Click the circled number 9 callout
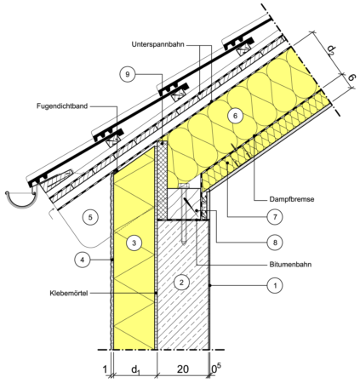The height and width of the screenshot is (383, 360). coord(128,74)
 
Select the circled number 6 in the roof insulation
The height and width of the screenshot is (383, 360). coord(235,116)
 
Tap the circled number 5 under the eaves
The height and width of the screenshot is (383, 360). coord(90,217)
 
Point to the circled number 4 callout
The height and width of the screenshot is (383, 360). coord(83,260)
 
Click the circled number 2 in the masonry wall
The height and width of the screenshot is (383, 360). coord(181,283)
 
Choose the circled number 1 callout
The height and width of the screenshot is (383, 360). coord(275,285)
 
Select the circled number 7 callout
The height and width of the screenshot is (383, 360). coord(275,217)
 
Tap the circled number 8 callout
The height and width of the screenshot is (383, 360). coord(275,243)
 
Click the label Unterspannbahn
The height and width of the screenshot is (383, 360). coord(158,44)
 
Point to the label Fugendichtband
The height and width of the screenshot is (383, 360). coord(62,106)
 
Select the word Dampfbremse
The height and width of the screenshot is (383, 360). coord(292,199)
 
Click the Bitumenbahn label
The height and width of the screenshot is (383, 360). coord(290,265)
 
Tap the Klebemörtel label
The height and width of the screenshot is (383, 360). coord(69,293)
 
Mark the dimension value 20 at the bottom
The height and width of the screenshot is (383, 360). coord(183,369)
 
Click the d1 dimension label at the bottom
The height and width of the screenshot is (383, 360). coord(135,369)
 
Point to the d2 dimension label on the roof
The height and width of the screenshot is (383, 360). coord(331,50)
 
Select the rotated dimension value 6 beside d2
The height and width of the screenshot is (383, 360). coord(351,77)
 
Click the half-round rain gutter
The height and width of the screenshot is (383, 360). coord(21,198)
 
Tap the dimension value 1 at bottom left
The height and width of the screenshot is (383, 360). coord(105,369)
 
